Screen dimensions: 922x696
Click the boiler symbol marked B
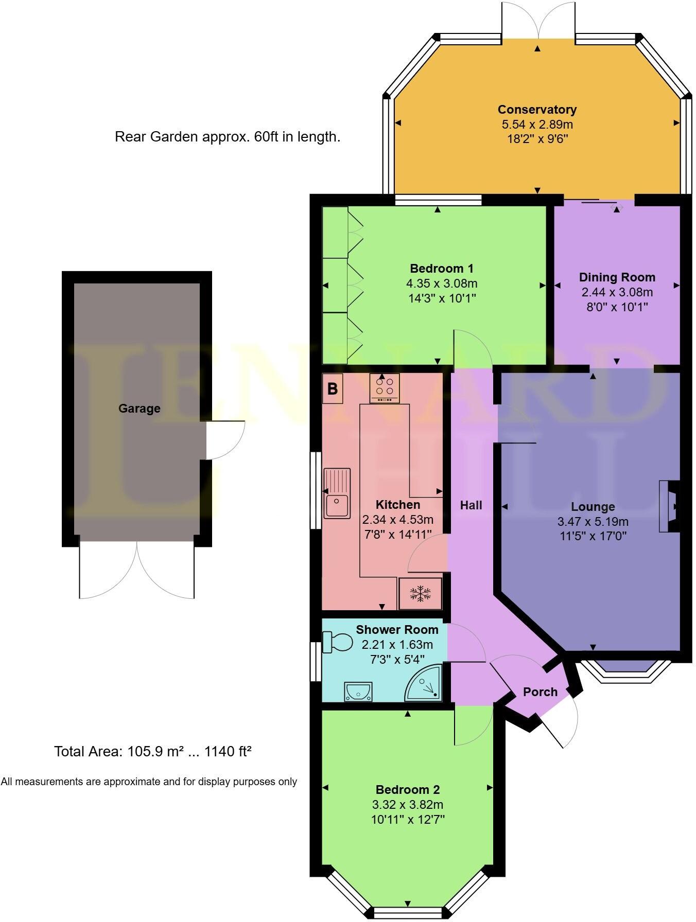tap(332, 389)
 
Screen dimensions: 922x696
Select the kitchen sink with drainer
tap(337, 492)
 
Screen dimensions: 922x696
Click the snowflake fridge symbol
tap(420, 593)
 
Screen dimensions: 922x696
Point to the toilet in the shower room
tap(338, 642)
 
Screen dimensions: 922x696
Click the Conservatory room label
tap(537, 110)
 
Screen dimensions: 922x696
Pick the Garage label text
tap(139, 409)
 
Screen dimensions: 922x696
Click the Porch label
tap(540, 692)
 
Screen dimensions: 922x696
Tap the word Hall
tap(471, 505)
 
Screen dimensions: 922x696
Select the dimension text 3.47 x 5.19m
tap(593, 522)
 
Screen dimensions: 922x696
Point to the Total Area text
tap(152, 752)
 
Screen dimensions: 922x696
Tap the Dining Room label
tap(617, 277)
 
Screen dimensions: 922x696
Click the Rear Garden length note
tap(227, 137)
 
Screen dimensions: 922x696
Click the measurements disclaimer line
tap(149, 782)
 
